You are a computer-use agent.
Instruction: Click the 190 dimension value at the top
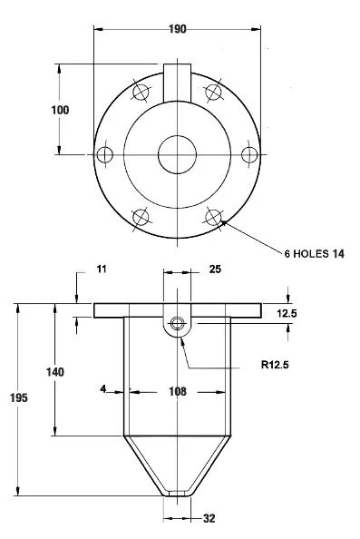(x=177, y=29)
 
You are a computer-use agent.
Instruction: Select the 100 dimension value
(x=60, y=110)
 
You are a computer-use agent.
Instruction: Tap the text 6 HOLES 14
(x=314, y=254)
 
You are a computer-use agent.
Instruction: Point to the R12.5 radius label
(x=275, y=365)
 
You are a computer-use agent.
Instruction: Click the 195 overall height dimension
(x=18, y=397)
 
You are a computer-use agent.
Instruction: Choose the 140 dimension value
(x=55, y=372)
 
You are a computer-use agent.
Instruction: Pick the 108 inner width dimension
(x=178, y=391)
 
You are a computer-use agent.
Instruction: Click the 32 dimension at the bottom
(x=209, y=518)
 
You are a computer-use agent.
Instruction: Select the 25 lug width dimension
(x=215, y=269)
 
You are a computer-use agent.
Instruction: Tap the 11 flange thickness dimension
(x=102, y=269)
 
